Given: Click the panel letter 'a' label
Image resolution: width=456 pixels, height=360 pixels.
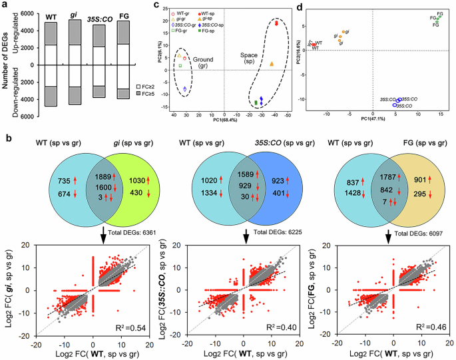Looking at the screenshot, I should pyautogui.click(x=5, y=6).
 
